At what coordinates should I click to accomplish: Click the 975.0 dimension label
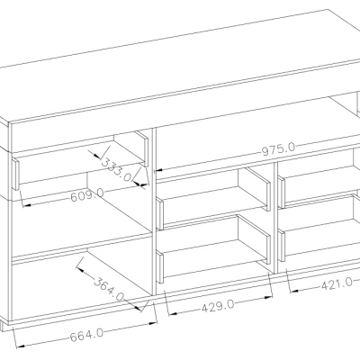pos(279,149)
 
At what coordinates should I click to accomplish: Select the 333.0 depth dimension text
pos(116,170)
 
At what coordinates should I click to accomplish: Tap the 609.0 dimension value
pos(87,194)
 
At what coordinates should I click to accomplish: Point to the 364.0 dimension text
pos(109,290)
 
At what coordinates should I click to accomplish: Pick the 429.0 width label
pos(218,306)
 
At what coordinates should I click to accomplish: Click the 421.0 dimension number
pos(337,283)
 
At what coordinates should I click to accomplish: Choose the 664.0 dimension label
pos(86,336)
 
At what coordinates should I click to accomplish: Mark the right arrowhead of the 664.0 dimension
pos(153,323)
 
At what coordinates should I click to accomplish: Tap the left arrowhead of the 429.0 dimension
pos(173,313)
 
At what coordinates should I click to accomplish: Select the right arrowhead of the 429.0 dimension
pos(268,297)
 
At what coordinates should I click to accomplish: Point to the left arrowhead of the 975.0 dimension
pos(158,170)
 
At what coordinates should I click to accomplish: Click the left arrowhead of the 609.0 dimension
pos(27,205)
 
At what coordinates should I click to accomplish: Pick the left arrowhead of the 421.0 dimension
pos(294,291)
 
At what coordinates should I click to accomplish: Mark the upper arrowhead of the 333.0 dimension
pos(95,156)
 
